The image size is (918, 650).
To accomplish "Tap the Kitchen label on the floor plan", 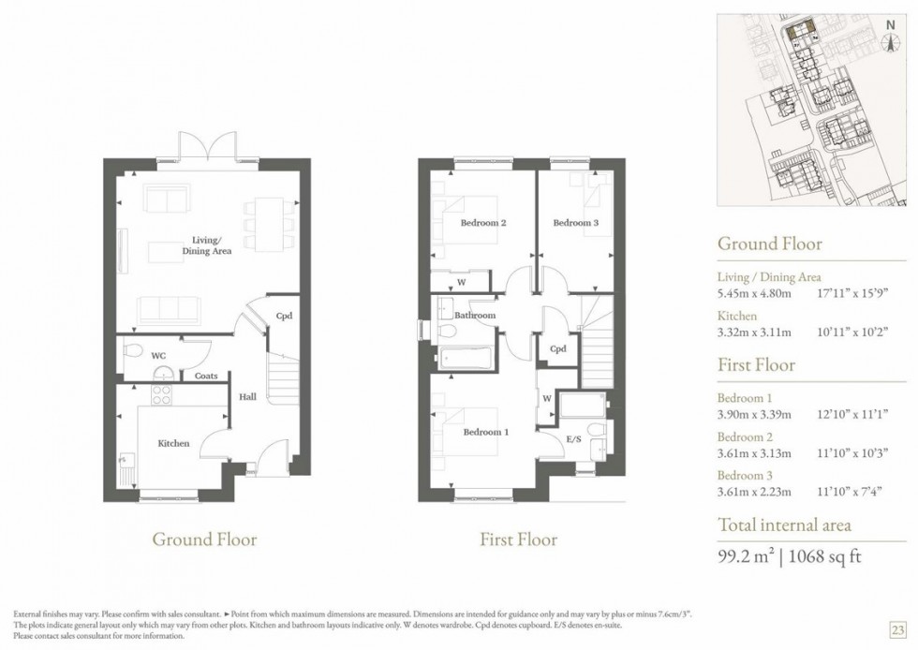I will [173, 443].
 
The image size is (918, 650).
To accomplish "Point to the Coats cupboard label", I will [206, 377].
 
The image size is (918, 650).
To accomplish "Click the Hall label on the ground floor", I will [246, 397].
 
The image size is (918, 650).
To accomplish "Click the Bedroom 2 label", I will [483, 223].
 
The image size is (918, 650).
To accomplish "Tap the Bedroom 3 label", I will [574, 223].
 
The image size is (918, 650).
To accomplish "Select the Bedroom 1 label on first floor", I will [486, 433].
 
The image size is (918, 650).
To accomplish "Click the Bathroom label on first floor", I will [475, 316].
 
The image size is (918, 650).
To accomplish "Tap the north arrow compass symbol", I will [890, 37].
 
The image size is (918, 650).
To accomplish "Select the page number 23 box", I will [896, 628].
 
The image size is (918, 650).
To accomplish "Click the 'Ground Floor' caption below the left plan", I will [204, 539].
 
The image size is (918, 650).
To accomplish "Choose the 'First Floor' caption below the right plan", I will [518, 539].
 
